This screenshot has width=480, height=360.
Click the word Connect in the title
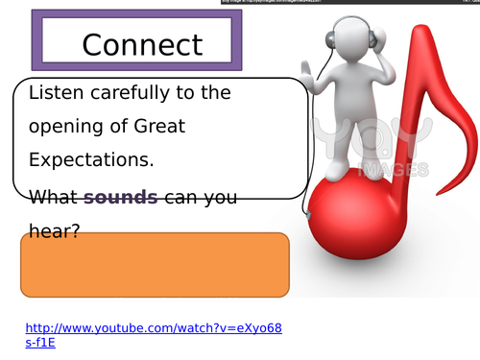coord(142,44)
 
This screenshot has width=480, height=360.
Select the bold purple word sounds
coord(121,198)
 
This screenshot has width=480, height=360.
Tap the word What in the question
coord(54,198)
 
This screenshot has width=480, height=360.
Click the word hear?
coord(54,231)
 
